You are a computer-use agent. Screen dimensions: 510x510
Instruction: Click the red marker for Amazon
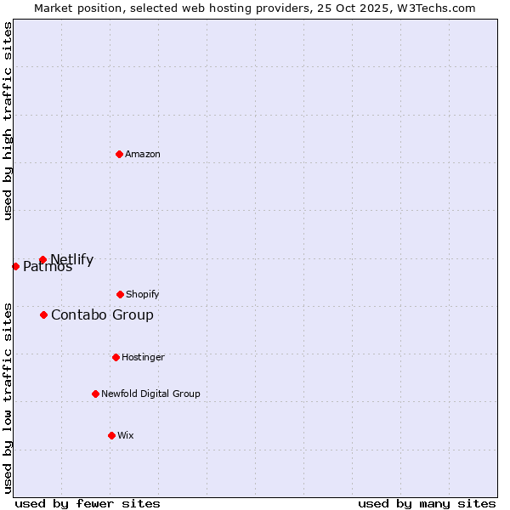coord(120,154)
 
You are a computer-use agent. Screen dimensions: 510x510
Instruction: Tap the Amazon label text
coord(143,154)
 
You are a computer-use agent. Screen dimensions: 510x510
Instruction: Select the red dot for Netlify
coord(42,260)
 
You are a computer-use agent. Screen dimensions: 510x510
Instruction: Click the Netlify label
coord(72,260)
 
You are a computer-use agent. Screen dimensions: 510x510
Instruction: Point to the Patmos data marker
coord(15,266)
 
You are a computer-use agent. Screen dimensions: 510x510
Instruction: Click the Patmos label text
coord(48,267)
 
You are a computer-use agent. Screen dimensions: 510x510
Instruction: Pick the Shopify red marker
coord(120,294)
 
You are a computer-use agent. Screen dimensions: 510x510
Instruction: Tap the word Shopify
coord(142,294)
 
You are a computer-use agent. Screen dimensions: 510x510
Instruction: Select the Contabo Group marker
coord(43,314)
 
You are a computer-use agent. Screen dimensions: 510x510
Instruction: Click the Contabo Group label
coord(102,314)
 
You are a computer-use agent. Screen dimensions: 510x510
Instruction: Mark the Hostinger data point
coord(116,357)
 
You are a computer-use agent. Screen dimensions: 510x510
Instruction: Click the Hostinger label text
coord(143,357)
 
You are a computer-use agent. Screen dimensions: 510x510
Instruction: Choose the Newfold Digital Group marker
coord(95,394)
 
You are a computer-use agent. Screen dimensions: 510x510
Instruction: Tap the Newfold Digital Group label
coord(150,394)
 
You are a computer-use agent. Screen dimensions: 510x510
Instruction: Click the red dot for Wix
coord(111,435)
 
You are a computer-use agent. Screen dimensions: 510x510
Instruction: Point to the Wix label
coord(126,435)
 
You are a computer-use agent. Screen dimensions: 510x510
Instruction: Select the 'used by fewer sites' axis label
coord(88,503)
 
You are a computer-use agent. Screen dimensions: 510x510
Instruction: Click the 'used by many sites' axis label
coord(427,503)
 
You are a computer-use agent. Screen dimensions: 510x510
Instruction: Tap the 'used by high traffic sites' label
coord(8,121)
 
